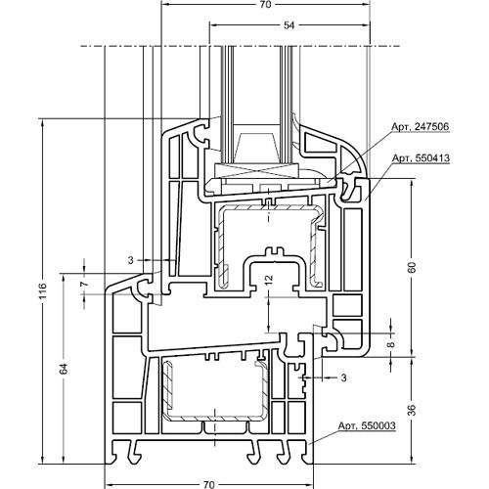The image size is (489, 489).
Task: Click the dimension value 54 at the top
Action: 289,25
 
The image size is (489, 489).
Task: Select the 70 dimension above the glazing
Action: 266,5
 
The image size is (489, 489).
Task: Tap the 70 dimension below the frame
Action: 208,484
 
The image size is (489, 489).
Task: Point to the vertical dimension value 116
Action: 43,290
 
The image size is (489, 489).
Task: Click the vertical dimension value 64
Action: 64,369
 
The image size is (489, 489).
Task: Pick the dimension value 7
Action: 85,284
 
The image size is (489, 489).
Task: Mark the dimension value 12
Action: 269,280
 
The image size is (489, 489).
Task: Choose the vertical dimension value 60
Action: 412,267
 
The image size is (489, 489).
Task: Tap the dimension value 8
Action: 391,344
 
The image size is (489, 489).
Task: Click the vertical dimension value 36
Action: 412,410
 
